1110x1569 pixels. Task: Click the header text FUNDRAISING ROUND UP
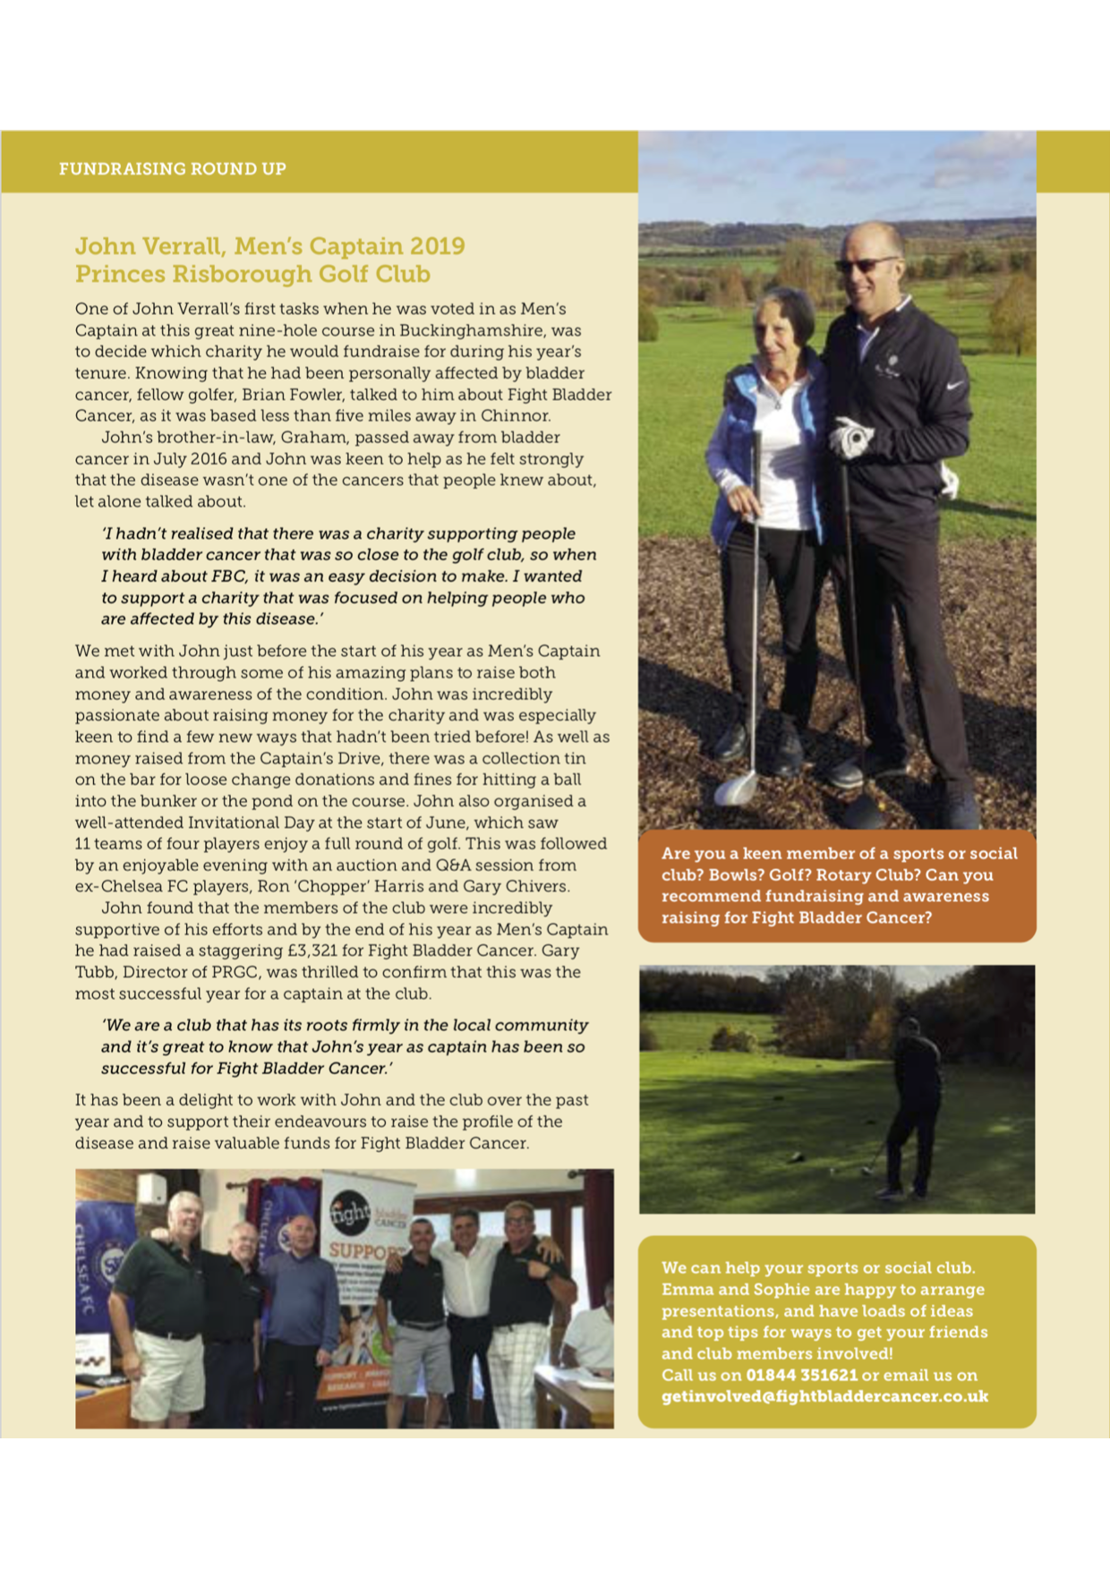coord(173,169)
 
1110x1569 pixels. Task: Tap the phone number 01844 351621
coord(801,1375)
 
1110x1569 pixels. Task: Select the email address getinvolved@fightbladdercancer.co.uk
coord(824,1396)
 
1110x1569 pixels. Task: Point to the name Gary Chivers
coord(522,887)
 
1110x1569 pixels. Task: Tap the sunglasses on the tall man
coord(864,265)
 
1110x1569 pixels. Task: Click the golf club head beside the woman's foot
coord(736,788)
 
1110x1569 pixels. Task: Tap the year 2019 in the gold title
coord(437,246)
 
